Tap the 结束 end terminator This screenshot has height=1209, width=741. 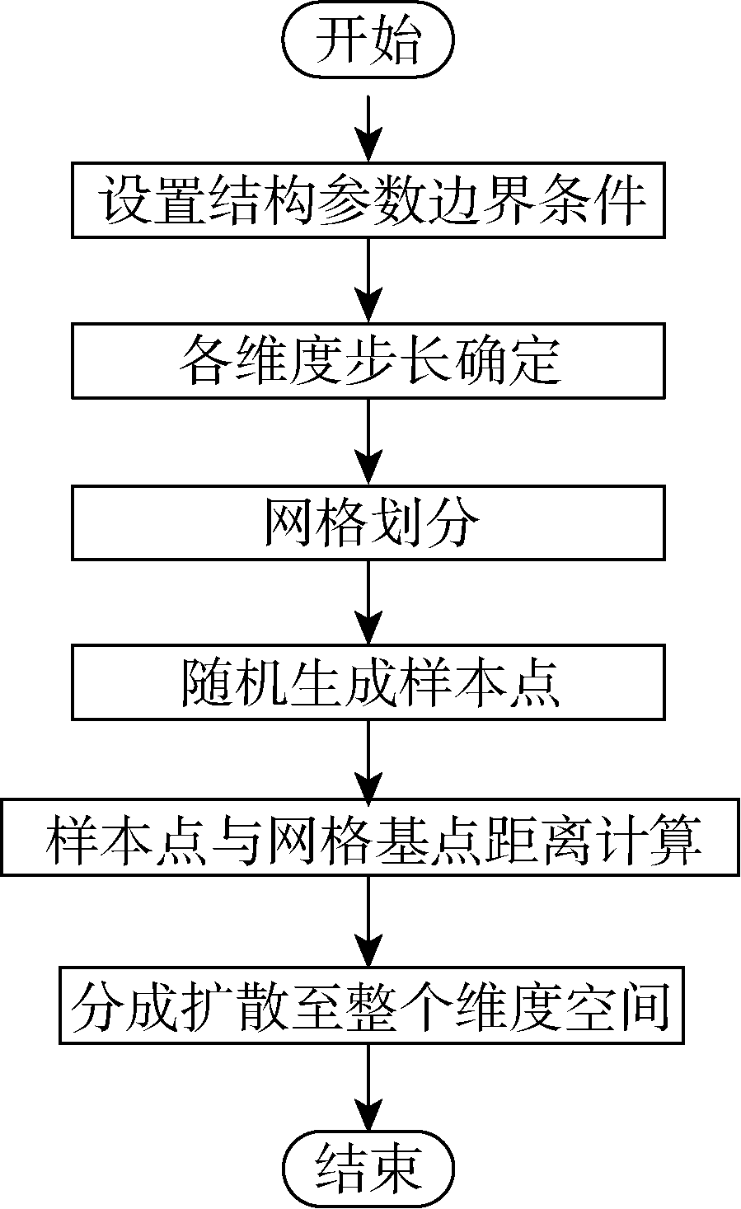pos(368,1168)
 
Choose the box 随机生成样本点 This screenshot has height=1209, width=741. pos(368,683)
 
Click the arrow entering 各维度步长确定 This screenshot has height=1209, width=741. pos(368,281)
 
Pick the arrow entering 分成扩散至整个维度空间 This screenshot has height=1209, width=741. pos(368,922)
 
